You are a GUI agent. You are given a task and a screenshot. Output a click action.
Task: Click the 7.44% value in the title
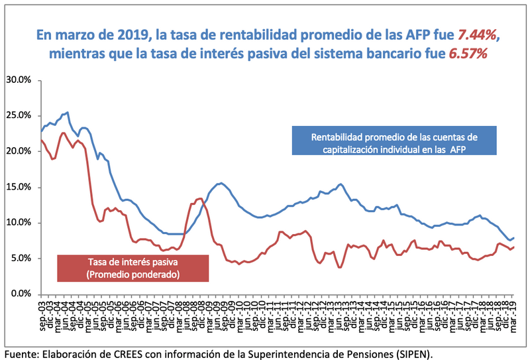click(x=472, y=34)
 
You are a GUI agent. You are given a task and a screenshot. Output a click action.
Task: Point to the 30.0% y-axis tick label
click(x=18, y=80)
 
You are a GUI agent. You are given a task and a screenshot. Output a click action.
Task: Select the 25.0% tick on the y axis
click(x=18, y=116)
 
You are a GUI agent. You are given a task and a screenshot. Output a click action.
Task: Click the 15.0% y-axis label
click(x=18, y=187)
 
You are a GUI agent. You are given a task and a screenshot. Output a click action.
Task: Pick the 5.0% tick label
click(x=21, y=258)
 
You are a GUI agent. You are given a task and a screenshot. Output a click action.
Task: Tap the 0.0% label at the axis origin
click(x=21, y=294)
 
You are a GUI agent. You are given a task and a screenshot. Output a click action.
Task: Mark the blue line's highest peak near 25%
click(x=68, y=113)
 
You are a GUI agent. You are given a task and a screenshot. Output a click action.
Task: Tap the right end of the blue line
click(x=514, y=237)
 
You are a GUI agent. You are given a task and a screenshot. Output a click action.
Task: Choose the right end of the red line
click(x=514, y=247)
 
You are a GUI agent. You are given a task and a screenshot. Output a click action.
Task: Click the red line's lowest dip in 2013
click(x=339, y=267)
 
